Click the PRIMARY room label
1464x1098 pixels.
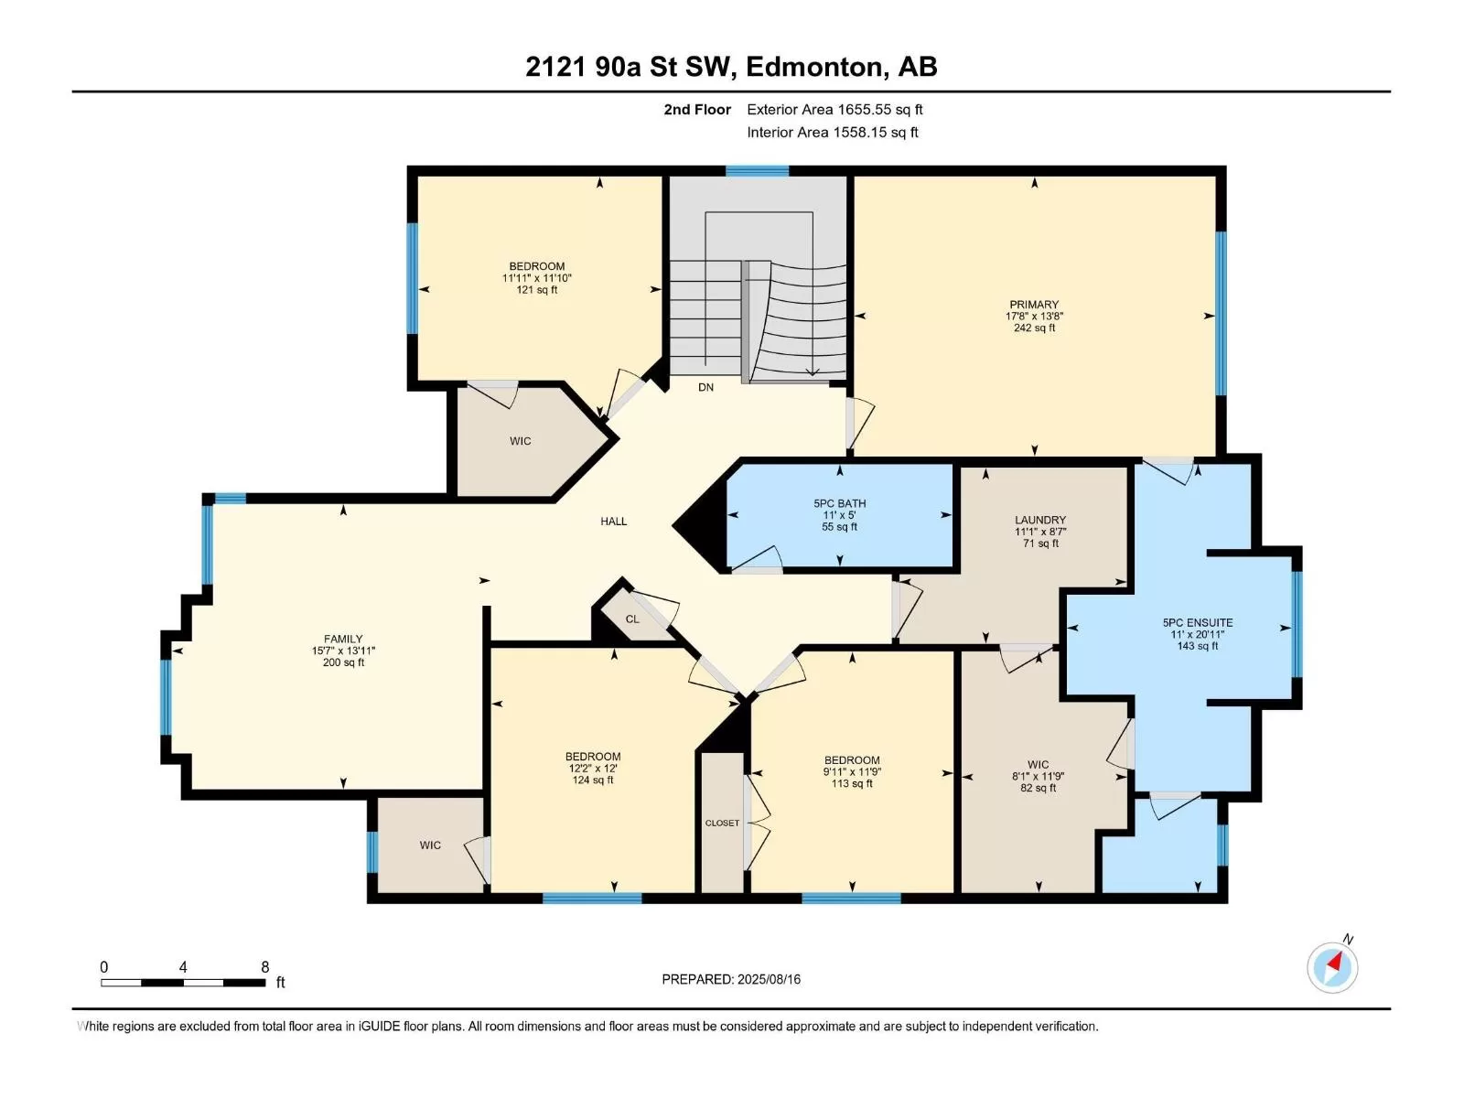pos(1034,305)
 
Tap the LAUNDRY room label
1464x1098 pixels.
pos(1039,520)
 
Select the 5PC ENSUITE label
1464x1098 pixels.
pos(1197,623)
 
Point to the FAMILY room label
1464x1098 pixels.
pos(343,639)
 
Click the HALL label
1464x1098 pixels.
pos(613,522)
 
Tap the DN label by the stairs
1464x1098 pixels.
pos(705,387)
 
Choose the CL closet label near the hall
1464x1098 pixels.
pos(631,619)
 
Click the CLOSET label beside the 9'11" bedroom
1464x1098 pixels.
pos(722,823)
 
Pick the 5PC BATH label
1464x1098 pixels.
pos(839,503)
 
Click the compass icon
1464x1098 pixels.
pos(1332,967)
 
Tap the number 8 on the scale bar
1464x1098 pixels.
pos(264,966)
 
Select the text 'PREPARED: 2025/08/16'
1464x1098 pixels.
pos(731,979)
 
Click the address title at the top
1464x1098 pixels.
pos(731,67)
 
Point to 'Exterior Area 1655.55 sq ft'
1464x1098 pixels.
pos(834,109)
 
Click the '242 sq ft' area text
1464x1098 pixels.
pos(1034,328)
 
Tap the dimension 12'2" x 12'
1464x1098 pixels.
pos(592,768)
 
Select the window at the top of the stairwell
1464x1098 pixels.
pos(757,171)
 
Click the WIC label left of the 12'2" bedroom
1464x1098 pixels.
pos(429,845)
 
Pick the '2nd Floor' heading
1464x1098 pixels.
pos(697,109)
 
